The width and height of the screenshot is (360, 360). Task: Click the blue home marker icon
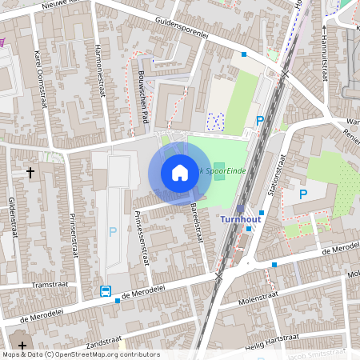(x=179, y=173)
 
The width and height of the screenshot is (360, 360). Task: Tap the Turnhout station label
(x=242, y=218)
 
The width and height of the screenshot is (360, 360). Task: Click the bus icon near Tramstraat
(x=106, y=291)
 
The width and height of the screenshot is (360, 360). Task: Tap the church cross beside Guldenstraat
(x=30, y=172)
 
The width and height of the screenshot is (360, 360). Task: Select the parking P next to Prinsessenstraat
(x=112, y=231)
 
